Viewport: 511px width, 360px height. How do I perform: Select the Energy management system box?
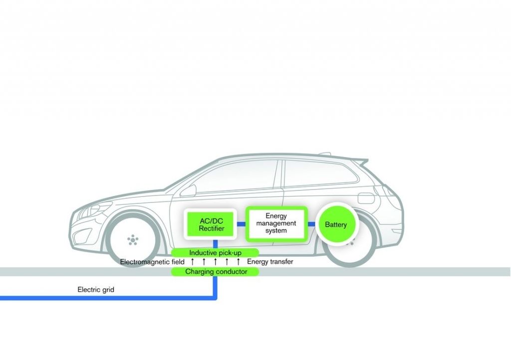tap(276, 223)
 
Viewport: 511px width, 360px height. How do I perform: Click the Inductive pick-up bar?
tap(215, 253)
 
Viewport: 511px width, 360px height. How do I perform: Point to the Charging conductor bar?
tap(215, 272)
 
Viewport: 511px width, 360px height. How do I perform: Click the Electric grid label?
tap(96, 289)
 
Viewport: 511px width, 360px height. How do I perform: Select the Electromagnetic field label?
tap(152, 262)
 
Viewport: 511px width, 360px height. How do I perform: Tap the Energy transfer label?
tap(270, 262)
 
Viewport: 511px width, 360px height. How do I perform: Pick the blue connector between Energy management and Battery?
tap(311, 224)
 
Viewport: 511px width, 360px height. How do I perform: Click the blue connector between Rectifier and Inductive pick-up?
tap(215, 243)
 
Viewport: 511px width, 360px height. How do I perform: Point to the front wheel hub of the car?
tap(132, 240)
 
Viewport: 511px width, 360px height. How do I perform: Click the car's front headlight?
tap(90, 209)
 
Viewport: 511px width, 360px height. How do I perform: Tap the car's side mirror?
tap(188, 190)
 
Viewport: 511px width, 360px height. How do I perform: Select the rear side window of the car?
tap(319, 172)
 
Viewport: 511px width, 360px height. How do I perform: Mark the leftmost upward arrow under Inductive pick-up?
tap(192, 262)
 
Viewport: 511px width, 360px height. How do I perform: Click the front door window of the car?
tap(235, 177)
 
